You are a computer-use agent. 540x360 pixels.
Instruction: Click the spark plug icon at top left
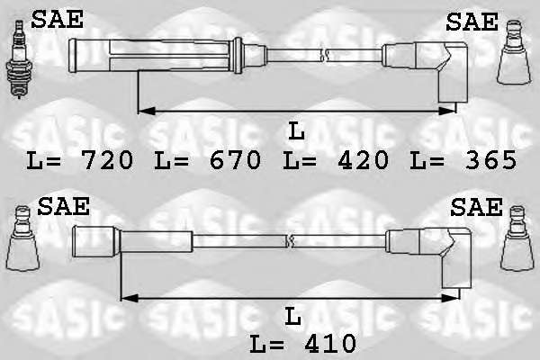pos(19,59)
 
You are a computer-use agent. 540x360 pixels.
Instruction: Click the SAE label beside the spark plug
pos(58,19)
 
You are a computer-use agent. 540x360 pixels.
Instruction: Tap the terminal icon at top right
pos(514,52)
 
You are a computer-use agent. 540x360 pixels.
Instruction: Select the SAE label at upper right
pos(472,22)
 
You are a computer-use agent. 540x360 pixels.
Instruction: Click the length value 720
pos(108,160)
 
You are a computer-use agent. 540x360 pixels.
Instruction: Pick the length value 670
pos(236,160)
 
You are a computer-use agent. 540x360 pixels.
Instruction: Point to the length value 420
pos(364,160)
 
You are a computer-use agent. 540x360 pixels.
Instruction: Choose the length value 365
pos(491,160)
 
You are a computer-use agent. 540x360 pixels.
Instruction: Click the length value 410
pos(331,343)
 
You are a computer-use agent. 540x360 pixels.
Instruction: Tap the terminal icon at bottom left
pos(22,238)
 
